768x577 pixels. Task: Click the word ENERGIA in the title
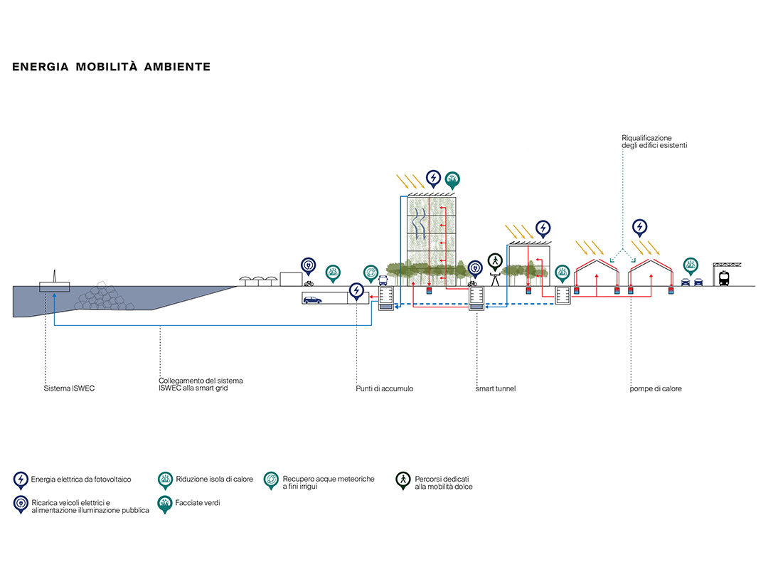[x=41, y=67]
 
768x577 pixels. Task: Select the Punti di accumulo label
[x=384, y=389]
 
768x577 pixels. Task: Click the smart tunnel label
[x=496, y=389]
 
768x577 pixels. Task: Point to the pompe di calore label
[x=656, y=389]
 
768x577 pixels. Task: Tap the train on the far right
[x=724, y=278]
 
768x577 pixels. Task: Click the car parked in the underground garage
[x=312, y=300]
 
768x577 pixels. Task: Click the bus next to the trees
[x=383, y=280]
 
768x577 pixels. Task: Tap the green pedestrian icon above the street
[x=494, y=260]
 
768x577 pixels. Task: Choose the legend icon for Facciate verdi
[x=165, y=504]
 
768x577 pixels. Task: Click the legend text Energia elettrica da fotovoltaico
[x=81, y=480]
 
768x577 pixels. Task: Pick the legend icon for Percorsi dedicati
[x=403, y=481]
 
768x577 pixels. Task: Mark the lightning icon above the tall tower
[x=433, y=178]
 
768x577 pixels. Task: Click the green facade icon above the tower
[x=452, y=178]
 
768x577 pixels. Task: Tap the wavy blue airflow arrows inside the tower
[x=418, y=231]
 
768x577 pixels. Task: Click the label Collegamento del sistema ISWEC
[x=201, y=385]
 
